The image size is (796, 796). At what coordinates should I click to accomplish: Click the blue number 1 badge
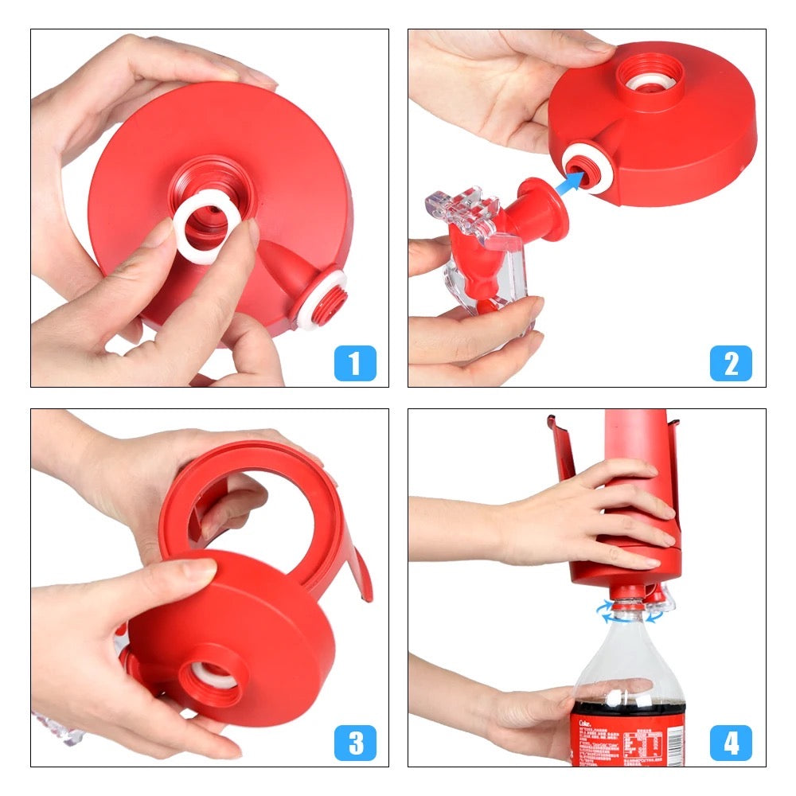point(354,364)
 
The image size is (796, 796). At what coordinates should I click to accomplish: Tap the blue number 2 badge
point(731,364)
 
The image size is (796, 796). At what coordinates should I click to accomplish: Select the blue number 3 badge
point(354,743)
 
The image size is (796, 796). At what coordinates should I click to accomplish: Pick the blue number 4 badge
point(731,743)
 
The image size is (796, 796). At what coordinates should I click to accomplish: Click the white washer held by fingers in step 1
point(202,229)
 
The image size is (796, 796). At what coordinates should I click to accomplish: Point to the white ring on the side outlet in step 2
point(589,168)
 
